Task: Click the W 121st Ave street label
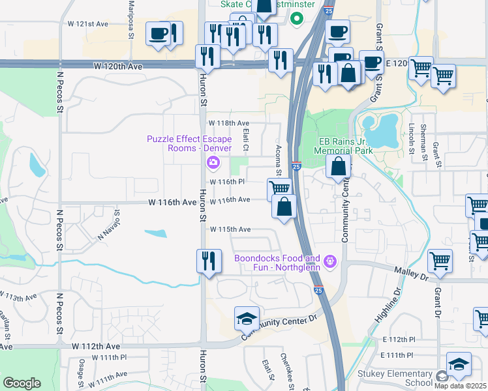tap(87, 23)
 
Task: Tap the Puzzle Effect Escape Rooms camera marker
tap(212, 162)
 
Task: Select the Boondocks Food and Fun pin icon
tap(331, 262)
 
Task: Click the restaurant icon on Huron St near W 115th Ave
tap(208, 261)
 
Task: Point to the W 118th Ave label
tap(229, 123)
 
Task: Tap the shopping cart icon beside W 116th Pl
tap(279, 189)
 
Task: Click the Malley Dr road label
tap(410, 273)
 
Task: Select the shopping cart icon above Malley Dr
tap(440, 261)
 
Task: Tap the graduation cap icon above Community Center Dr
tap(246, 319)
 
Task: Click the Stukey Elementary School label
tap(395, 378)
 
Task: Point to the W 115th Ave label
tap(230, 229)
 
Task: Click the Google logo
tap(22, 383)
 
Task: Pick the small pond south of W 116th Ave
tap(155, 233)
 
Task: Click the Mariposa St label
tap(130, 11)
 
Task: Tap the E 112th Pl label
tap(399, 340)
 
